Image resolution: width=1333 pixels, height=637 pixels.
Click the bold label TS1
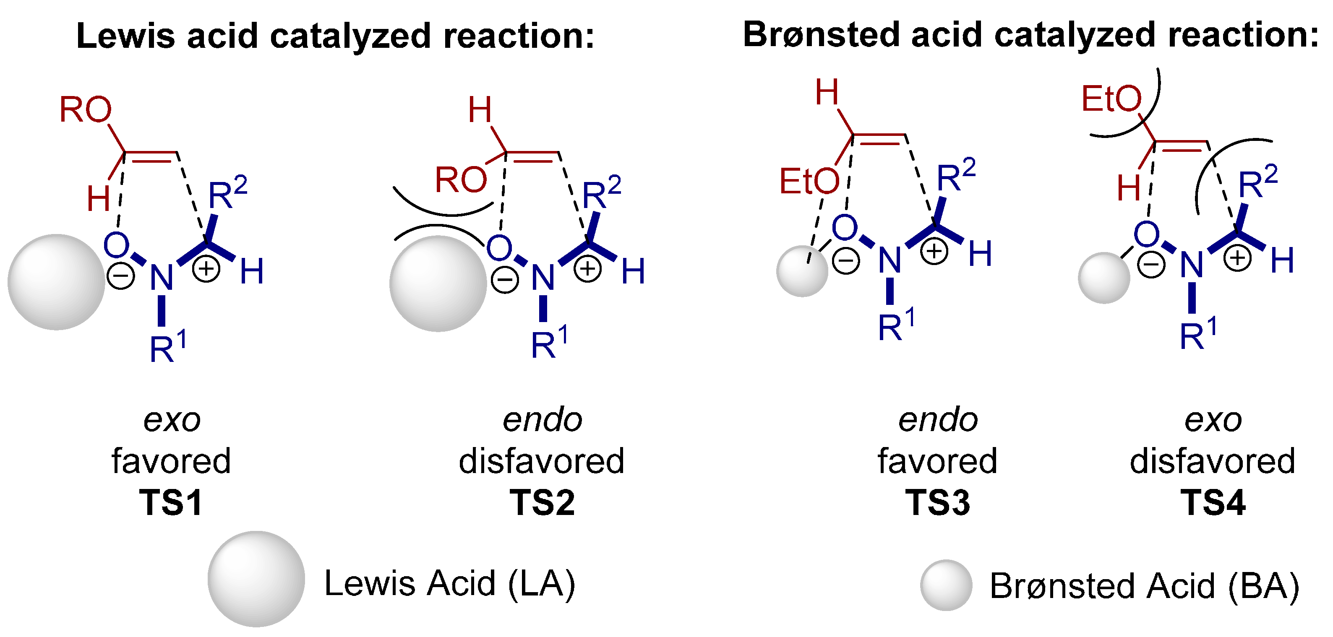click(x=171, y=502)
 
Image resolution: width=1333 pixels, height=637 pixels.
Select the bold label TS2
click(x=542, y=502)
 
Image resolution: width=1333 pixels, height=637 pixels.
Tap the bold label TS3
click(x=937, y=502)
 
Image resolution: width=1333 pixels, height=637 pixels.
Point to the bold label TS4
click(x=1213, y=502)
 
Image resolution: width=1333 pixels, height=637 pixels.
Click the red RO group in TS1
click(x=85, y=109)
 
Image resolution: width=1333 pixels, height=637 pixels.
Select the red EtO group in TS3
click(x=809, y=182)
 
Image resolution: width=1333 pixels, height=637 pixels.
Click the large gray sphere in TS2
click(x=438, y=283)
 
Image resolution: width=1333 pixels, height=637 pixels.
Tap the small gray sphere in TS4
click(x=1104, y=278)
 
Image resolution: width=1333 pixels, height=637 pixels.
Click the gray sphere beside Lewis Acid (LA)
click(x=256, y=579)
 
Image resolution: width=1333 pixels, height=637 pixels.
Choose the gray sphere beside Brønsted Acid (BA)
click(x=946, y=585)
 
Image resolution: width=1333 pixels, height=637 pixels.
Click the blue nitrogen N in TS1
click(x=161, y=278)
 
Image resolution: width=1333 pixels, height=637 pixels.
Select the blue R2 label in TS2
click(x=601, y=193)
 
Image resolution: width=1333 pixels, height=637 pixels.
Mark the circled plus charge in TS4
click(x=1237, y=257)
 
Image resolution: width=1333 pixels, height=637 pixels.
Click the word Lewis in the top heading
click(x=126, y=36)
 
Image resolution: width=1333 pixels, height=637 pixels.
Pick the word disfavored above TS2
click(x=541, y=461)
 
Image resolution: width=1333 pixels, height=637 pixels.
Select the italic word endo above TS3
click(x=938, y=420)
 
